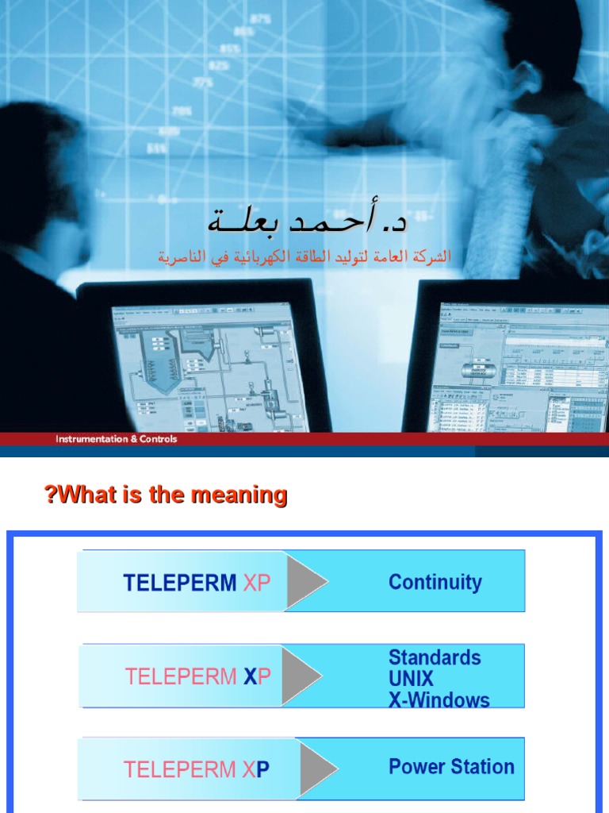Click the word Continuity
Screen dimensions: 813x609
[x=435, y=582]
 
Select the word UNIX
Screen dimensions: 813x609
[x=411, y=679]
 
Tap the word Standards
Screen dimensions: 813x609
[x=435, y=657]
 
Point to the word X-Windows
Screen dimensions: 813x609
[x=439, y=700]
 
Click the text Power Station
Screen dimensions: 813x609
[x=451, y=767]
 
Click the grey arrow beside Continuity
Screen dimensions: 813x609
[x=306, y=582]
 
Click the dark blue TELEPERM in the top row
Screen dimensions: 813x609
[x=180, y=583]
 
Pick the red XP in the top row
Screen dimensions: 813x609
[x=257, y=583]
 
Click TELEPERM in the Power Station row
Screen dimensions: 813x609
[x=180, y=769]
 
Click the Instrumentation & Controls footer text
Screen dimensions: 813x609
[x=116, y=439]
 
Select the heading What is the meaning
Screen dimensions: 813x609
[x=166, y=496]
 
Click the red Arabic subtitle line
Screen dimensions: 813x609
[x=304, y=257]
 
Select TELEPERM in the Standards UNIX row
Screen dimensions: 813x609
[x=182, y=677]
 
